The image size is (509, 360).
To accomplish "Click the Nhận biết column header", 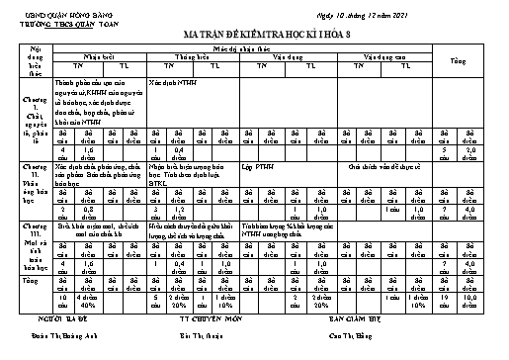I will coord(99,56).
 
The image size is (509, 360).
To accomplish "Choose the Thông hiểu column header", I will coord(194,56).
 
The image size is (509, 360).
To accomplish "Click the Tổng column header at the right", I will coord(484,61).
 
